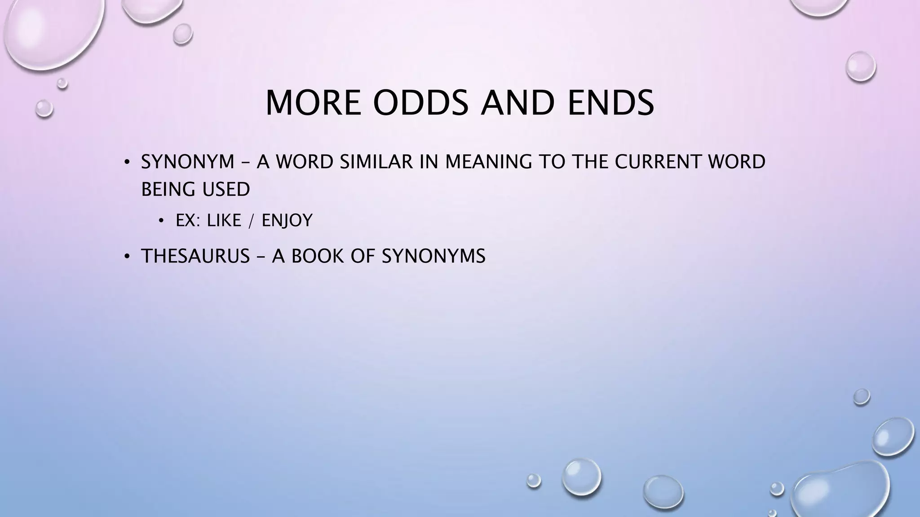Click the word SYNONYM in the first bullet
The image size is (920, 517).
[x=188, y=162]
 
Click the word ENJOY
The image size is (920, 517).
[x=287, y=221]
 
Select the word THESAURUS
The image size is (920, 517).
[x=195, y=256]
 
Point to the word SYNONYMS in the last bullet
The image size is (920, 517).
[x=433, y=256]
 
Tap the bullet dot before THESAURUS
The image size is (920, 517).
[x=127, y=257]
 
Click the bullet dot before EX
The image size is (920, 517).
[x=161, y=221]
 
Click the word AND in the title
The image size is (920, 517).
[x=518, y=103]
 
